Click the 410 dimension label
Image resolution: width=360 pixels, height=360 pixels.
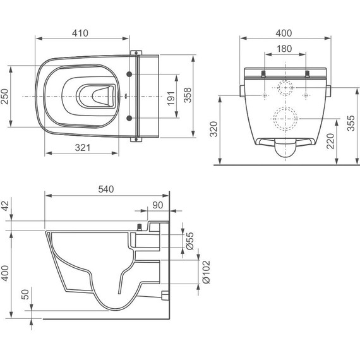click(x=80, y=33)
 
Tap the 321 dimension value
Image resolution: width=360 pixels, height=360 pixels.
click(x=83, y=148)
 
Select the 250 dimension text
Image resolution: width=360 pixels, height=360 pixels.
click(x=5, y=97)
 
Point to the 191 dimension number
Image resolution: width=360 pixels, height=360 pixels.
click(x=171, y=99)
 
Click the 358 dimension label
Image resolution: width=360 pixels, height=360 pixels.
click(x=188, y=95)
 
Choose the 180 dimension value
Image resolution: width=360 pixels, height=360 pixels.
click(x=284, y=49)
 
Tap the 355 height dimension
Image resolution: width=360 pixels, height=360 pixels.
click(x=351, y=123)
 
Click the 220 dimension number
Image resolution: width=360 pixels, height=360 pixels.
click(x=330, y=141)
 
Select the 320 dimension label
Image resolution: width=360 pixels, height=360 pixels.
click(x=213, y=129)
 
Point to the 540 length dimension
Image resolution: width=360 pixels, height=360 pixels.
click(x=106, y=189)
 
